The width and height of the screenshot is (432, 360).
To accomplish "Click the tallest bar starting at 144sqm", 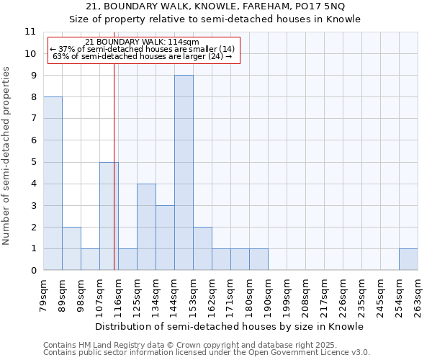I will coord(184,173).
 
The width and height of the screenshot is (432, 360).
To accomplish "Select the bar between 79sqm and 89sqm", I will coord(53,184).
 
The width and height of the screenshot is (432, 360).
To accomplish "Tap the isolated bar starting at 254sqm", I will coord(408,260).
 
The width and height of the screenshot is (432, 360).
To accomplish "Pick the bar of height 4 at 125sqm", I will coord(146,227).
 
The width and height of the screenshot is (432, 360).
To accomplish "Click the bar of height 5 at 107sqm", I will coord(109,216).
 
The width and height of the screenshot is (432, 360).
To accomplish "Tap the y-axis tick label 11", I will coord(30,32).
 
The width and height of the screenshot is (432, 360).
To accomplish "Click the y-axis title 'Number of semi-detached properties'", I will coord(6,156).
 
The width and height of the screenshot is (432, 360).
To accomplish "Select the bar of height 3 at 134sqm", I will coord(165,238).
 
